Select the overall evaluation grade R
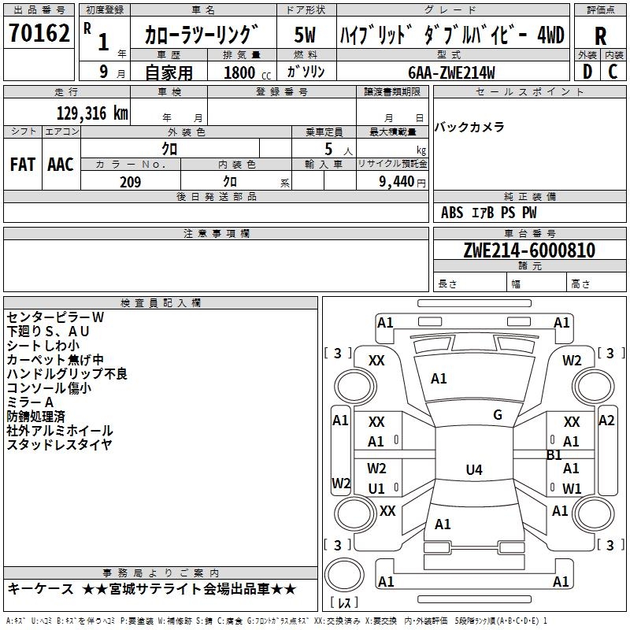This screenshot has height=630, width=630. (x=600, y=36)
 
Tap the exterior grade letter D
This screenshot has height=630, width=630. (x=587, y=71)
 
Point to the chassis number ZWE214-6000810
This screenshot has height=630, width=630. (x=529, y=250)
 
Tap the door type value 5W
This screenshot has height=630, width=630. (x=306, y=35)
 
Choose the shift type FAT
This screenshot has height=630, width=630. (x=22, y=165)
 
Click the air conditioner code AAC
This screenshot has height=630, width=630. (x=61, y=165)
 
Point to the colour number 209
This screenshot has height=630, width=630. (x=130, y=182)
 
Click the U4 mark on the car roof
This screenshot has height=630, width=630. (x=473, y=470)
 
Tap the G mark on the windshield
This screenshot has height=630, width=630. (x=498, y=415)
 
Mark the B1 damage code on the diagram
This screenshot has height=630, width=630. (x=554, y=454)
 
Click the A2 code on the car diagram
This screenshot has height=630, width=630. (x=606, y=420)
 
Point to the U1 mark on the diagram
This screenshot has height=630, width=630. (x=376, y=488)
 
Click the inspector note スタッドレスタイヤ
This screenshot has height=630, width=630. (x=60, y=445)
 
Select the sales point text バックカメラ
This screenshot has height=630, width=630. (x=470, y=128)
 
